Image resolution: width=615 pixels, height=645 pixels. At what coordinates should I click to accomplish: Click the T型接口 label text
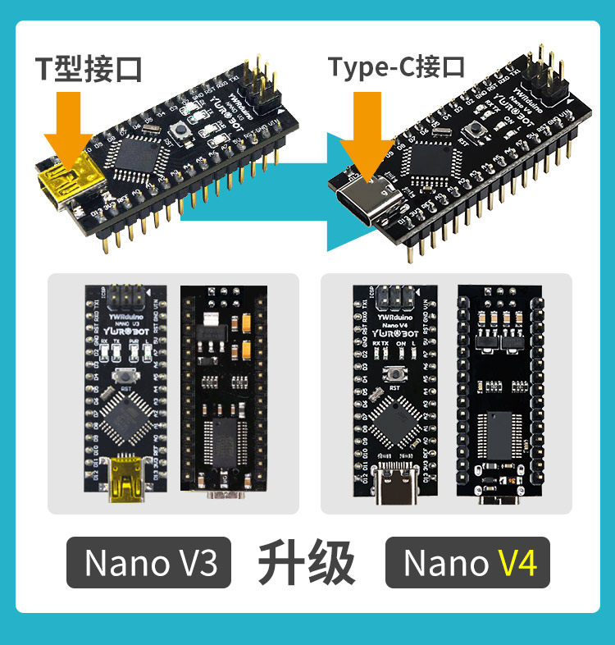(x=88, y=68)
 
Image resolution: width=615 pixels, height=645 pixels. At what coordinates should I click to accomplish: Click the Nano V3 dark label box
(x=151, y=563)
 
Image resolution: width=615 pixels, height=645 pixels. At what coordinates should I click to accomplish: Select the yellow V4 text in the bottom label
(x=517, y=564)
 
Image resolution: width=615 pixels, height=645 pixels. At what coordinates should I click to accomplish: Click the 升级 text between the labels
(x=307, y=563)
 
